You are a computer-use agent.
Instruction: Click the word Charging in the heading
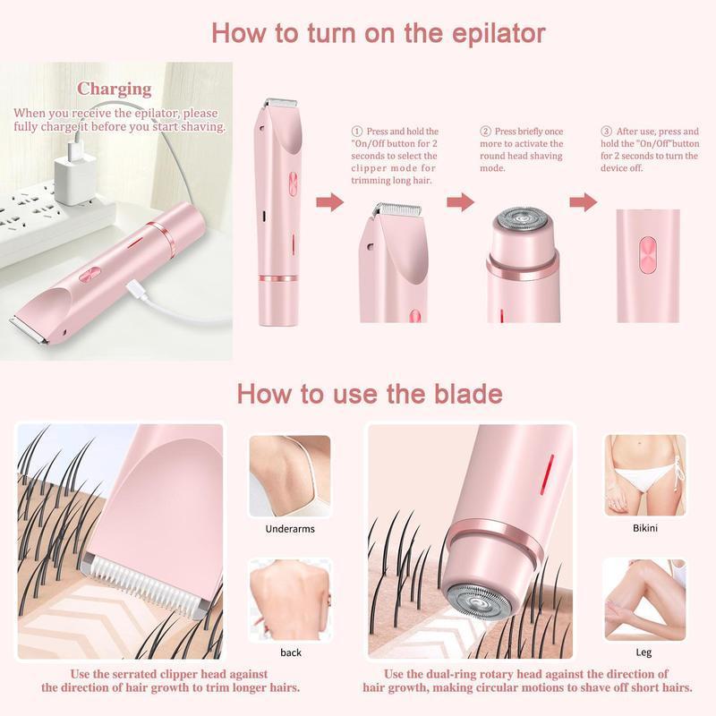click(x=114, y=89)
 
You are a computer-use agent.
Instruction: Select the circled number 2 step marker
click(x=486, y=131)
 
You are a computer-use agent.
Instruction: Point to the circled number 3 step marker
click(x=606, y=131)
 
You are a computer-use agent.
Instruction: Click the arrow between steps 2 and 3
click(x=583, y=202)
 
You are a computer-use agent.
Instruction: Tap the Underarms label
click(x=290, y=529)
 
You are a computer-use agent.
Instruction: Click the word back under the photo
click(x=290, y=652)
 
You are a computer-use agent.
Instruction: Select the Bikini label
click(x=644, y=528)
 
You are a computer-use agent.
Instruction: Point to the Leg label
click(x=644, y=652)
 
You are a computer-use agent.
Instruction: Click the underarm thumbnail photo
click(x=290, y=475)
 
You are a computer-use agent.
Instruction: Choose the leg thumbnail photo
click(x=644, y=599)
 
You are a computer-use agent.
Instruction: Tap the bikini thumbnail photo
click(x=644, y=475)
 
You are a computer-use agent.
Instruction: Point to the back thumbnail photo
click(x=290, y=599)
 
